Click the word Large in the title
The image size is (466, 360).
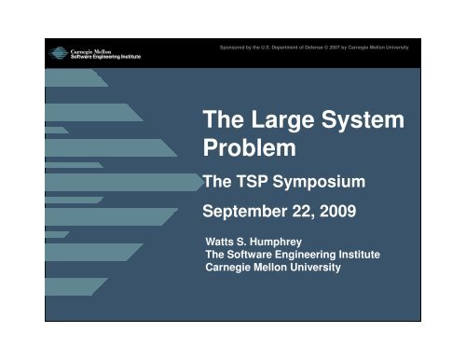tap(287, 122)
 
